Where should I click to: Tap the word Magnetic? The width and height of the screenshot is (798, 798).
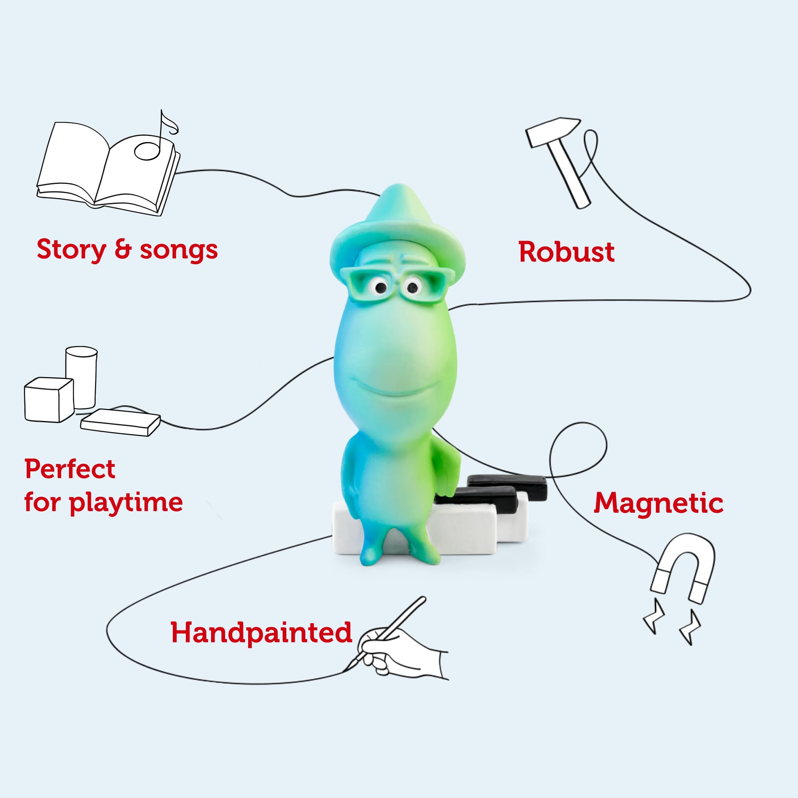(658, 503)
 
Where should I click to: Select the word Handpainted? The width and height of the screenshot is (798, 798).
(261, 632)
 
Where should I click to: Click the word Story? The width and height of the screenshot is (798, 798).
(71, 250)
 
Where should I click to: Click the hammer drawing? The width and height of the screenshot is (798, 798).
(558, 162)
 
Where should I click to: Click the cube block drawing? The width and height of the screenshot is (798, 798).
(49, 400)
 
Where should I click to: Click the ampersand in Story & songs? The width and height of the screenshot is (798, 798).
(122, 249)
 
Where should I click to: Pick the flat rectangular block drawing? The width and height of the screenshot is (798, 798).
(120, 423)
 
